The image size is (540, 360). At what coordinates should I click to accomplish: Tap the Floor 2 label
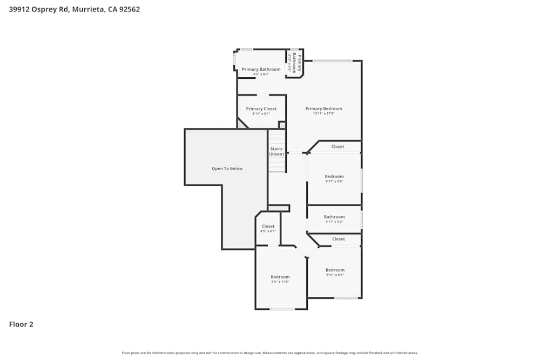tap(21, 324)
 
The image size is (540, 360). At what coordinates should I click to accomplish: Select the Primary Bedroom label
tap(323, 108)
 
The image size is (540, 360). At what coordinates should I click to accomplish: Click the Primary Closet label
tap(261, 108)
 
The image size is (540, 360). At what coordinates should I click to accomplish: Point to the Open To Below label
tap(227, 168)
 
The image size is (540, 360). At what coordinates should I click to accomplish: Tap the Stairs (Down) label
tap(276, 151)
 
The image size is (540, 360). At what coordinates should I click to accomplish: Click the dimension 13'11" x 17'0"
tap(323, 114)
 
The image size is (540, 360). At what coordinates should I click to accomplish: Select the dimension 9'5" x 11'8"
tap(280, 282)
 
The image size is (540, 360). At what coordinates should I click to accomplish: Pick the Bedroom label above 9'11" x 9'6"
tap(334, 176)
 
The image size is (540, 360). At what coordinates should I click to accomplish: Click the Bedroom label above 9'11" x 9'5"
tap(335, 270)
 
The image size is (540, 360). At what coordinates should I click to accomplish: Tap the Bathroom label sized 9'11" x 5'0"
tap(334, 217)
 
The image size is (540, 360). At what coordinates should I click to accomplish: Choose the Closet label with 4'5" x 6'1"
tap(268, 226)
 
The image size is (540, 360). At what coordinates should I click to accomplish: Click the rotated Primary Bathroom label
tap(296, 63)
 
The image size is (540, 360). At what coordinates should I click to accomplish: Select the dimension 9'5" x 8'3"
tap(261, 74)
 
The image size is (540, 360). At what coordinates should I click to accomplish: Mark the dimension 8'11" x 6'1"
tap(261, 114)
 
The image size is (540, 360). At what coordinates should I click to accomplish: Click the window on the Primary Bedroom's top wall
tap(332, 60)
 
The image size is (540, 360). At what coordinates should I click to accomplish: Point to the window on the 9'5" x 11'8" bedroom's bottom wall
tap(282, 309)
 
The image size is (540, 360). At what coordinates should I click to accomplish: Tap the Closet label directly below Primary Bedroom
tap(337, 146)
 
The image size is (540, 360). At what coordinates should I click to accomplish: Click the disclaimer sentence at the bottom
tap(270, 353)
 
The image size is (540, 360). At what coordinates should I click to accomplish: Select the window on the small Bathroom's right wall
tap(362, 219)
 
